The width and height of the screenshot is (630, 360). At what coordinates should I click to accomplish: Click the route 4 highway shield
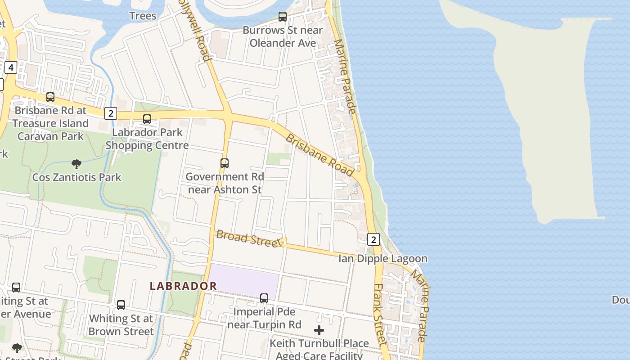11,68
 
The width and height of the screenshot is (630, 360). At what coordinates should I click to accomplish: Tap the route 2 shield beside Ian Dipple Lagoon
373,239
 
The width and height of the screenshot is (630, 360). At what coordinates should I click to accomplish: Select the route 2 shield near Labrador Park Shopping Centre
111,113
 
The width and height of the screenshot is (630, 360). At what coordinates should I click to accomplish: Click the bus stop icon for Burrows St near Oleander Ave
283,17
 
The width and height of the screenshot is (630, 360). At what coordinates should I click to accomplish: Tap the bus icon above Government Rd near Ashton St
225,163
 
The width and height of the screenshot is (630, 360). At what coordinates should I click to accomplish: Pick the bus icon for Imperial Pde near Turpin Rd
264,298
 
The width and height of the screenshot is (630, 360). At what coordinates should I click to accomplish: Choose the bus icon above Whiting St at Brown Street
121,305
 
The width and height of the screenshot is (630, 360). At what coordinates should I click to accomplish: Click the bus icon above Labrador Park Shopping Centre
147,119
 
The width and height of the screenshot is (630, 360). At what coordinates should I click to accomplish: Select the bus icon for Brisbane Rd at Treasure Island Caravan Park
50,97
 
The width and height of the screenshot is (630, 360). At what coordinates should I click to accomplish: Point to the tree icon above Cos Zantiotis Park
76,164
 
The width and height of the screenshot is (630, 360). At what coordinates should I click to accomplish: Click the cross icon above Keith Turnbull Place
319,331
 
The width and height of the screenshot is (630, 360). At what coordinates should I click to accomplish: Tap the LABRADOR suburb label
183,286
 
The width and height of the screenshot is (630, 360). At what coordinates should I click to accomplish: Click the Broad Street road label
248,238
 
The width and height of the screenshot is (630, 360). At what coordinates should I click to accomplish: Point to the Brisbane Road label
320,155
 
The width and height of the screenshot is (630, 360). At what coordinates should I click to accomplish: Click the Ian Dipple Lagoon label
383,259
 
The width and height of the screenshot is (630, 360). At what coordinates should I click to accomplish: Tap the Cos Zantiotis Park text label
76,177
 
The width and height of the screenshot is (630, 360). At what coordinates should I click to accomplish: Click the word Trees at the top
143,16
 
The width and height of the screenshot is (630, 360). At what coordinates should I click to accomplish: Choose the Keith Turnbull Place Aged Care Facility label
319,349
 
